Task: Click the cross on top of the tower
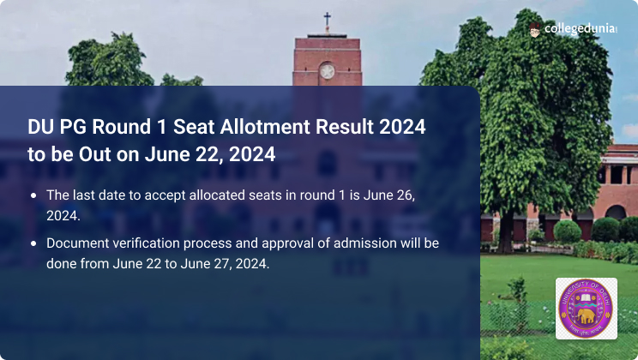coord(327,22)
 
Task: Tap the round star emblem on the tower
coord(327,72)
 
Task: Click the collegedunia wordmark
coord(581,29)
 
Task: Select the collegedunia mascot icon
coord(534,30)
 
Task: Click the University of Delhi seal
coord(586,309)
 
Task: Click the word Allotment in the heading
coord(265,127)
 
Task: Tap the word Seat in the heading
coord(194,127)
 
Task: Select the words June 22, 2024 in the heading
coord(210,154)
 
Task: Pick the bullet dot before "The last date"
coord(33,195)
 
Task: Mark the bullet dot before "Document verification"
coord(33,243)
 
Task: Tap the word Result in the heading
coord(345,127)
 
